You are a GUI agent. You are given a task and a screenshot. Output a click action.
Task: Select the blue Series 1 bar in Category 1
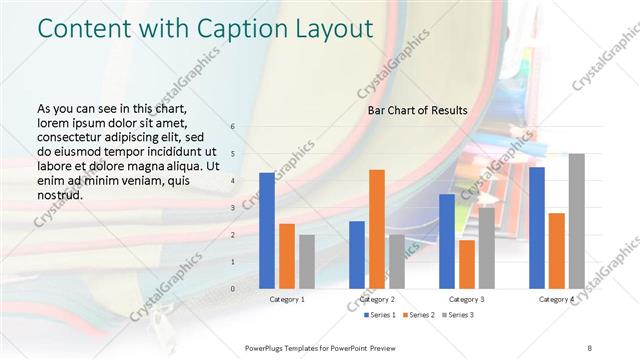coord(266,231)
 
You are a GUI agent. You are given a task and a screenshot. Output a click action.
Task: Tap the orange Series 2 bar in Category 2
coord(376,229)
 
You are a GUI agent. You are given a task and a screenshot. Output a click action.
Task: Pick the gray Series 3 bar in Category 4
coord(576,221)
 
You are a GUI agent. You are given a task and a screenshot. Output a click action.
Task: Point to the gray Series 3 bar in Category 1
coord(306,261)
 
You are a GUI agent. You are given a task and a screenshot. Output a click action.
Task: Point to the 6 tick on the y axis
coord(233,127)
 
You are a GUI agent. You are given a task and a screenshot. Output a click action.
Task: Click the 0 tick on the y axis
coord(233,288)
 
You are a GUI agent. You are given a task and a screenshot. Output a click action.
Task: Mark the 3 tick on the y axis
coord(233,208)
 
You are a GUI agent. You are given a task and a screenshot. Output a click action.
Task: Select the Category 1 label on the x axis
coord(287,299)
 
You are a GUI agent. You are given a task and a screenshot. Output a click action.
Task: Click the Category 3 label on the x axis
coord(467,299)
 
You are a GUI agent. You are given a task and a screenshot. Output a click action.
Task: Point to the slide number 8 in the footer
coord(589,348)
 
